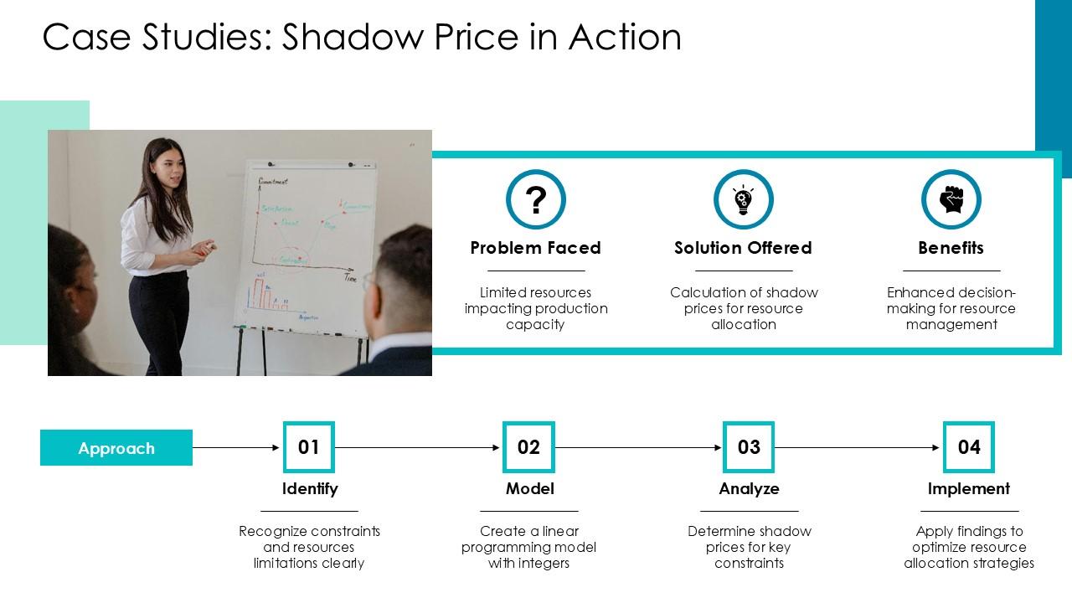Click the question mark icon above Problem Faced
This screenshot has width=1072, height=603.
coord(536,200)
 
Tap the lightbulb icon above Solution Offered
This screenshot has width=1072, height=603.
coord(743,200)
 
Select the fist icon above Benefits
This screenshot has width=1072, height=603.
coord(951,200)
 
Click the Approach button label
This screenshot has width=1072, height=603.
coord(116,448)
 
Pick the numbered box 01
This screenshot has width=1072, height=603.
coord(309,447)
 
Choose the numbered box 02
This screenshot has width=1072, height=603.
coord(528,447)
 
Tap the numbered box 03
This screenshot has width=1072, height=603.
coord(749,447)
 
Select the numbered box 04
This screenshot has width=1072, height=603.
coord(969,447)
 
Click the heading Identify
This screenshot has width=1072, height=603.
coord(310,488)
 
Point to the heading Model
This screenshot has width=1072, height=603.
coord(529,488)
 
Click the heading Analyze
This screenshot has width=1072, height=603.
coord(749,488)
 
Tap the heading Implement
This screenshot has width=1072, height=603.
coord(969,488)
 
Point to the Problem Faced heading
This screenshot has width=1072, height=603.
coord(535,248)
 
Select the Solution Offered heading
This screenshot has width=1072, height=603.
coord(743,248)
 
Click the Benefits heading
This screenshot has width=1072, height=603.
coord(951,248)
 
